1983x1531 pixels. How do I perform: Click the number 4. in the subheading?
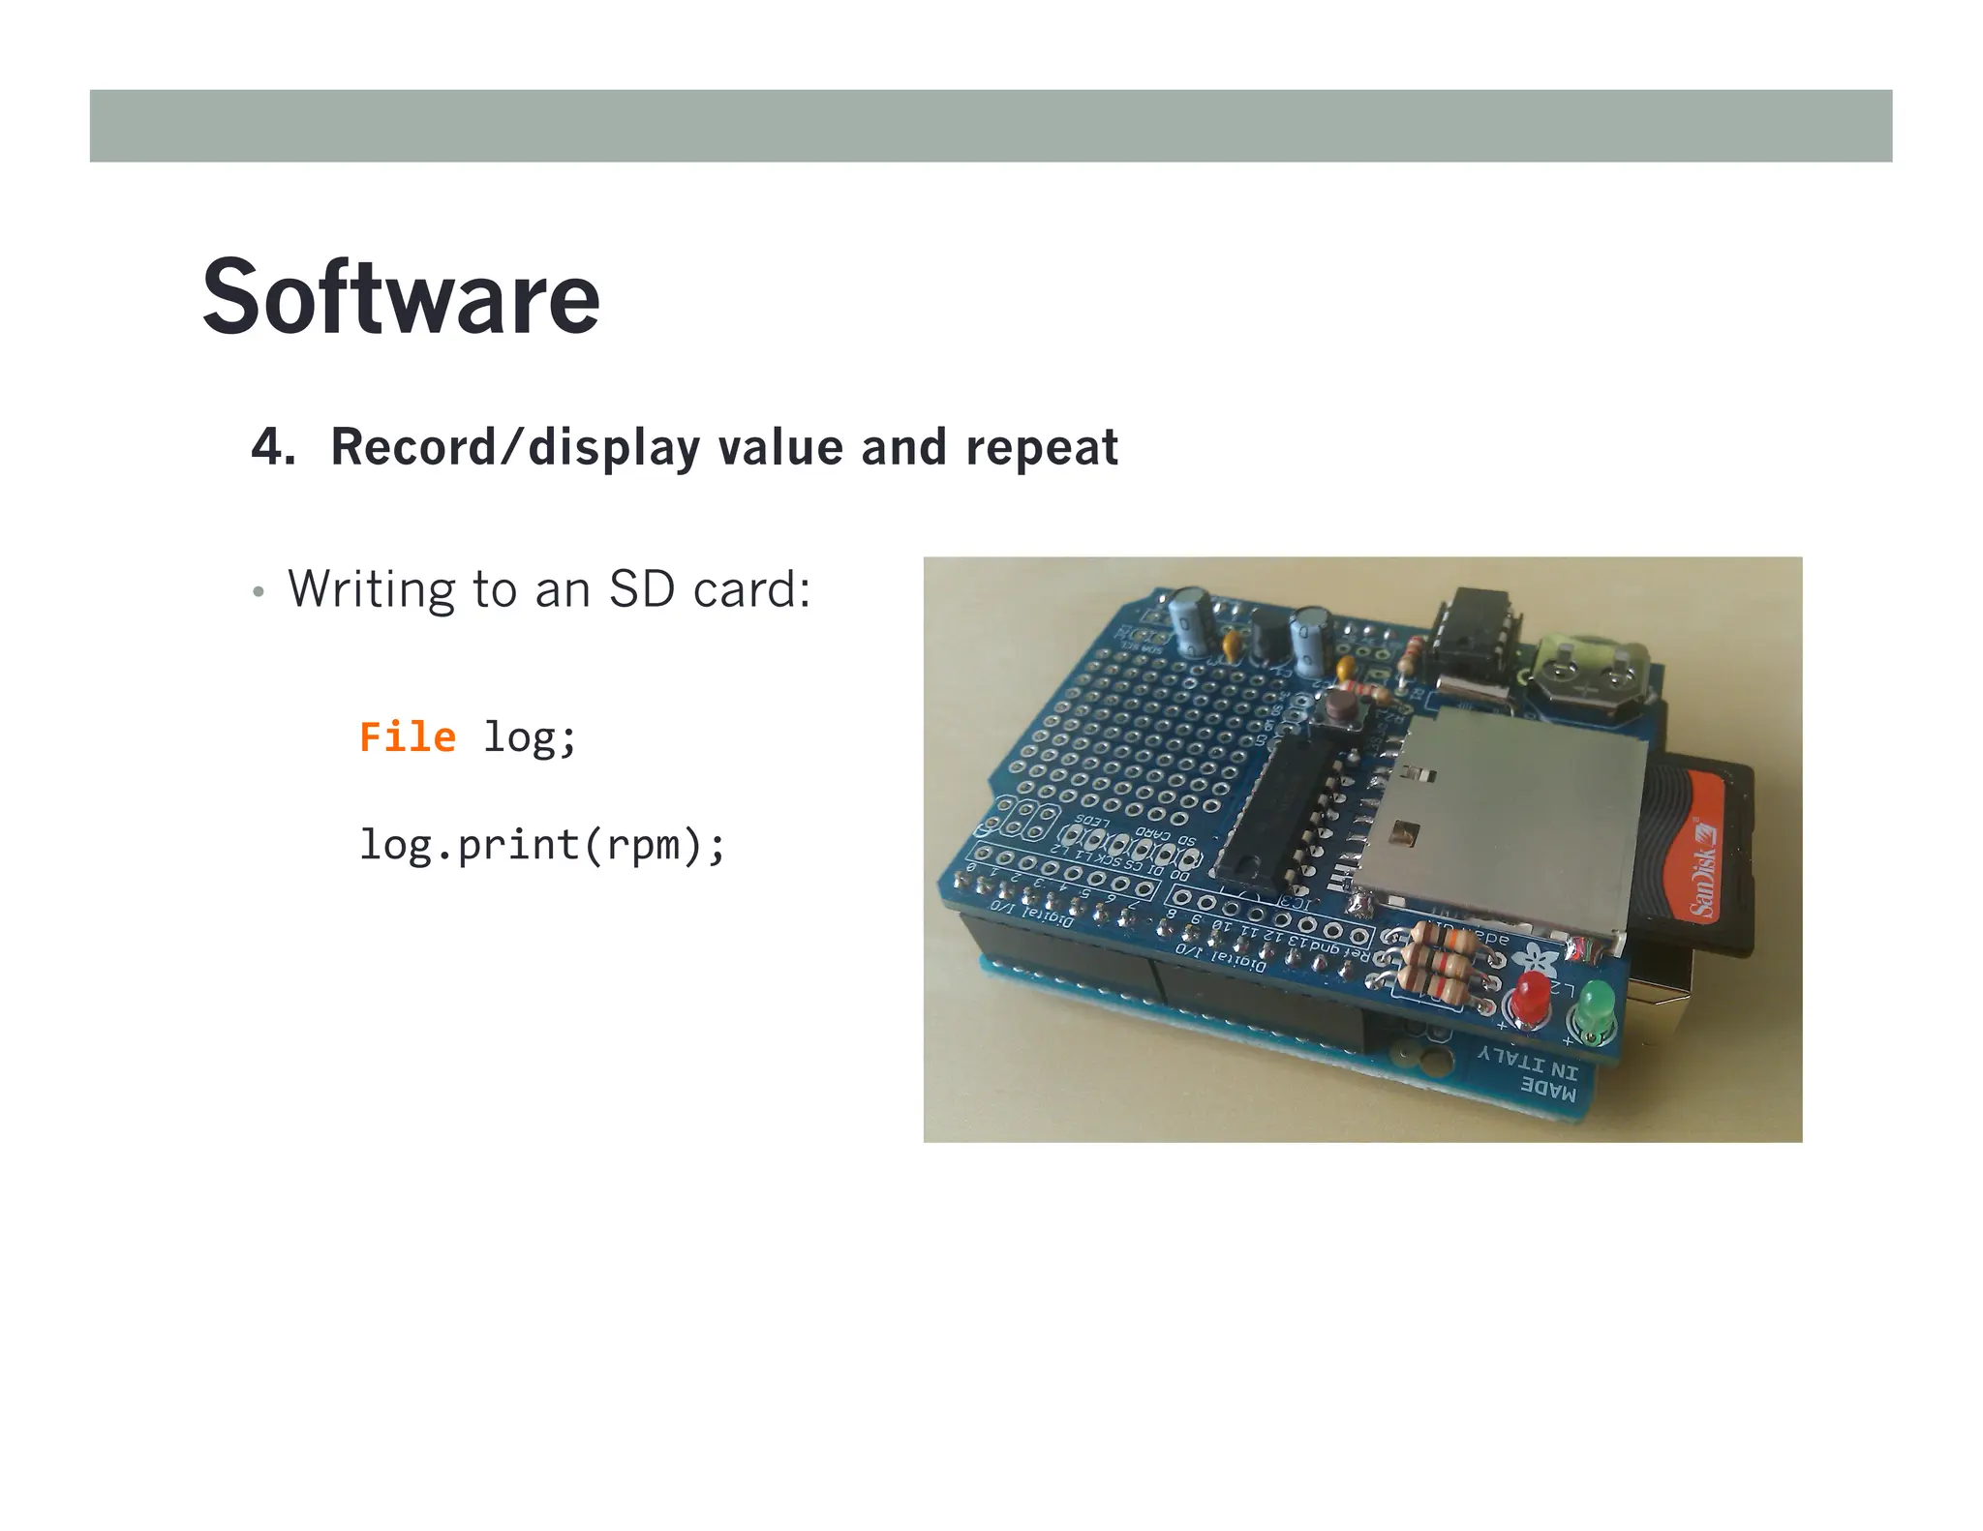pos(273,447)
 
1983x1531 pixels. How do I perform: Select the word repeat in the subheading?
pos(1041,447)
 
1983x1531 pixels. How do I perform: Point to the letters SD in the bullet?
pos(641,588)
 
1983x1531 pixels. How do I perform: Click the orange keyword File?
pos(408,737)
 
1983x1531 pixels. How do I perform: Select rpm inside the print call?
pos(643,846)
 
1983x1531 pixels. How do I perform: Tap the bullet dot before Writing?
pos(258,591)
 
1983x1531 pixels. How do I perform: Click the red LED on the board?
pos(1530,996)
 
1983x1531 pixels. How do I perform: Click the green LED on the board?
pos(1594,1006)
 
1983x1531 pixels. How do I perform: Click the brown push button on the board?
pos(1343,708)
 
